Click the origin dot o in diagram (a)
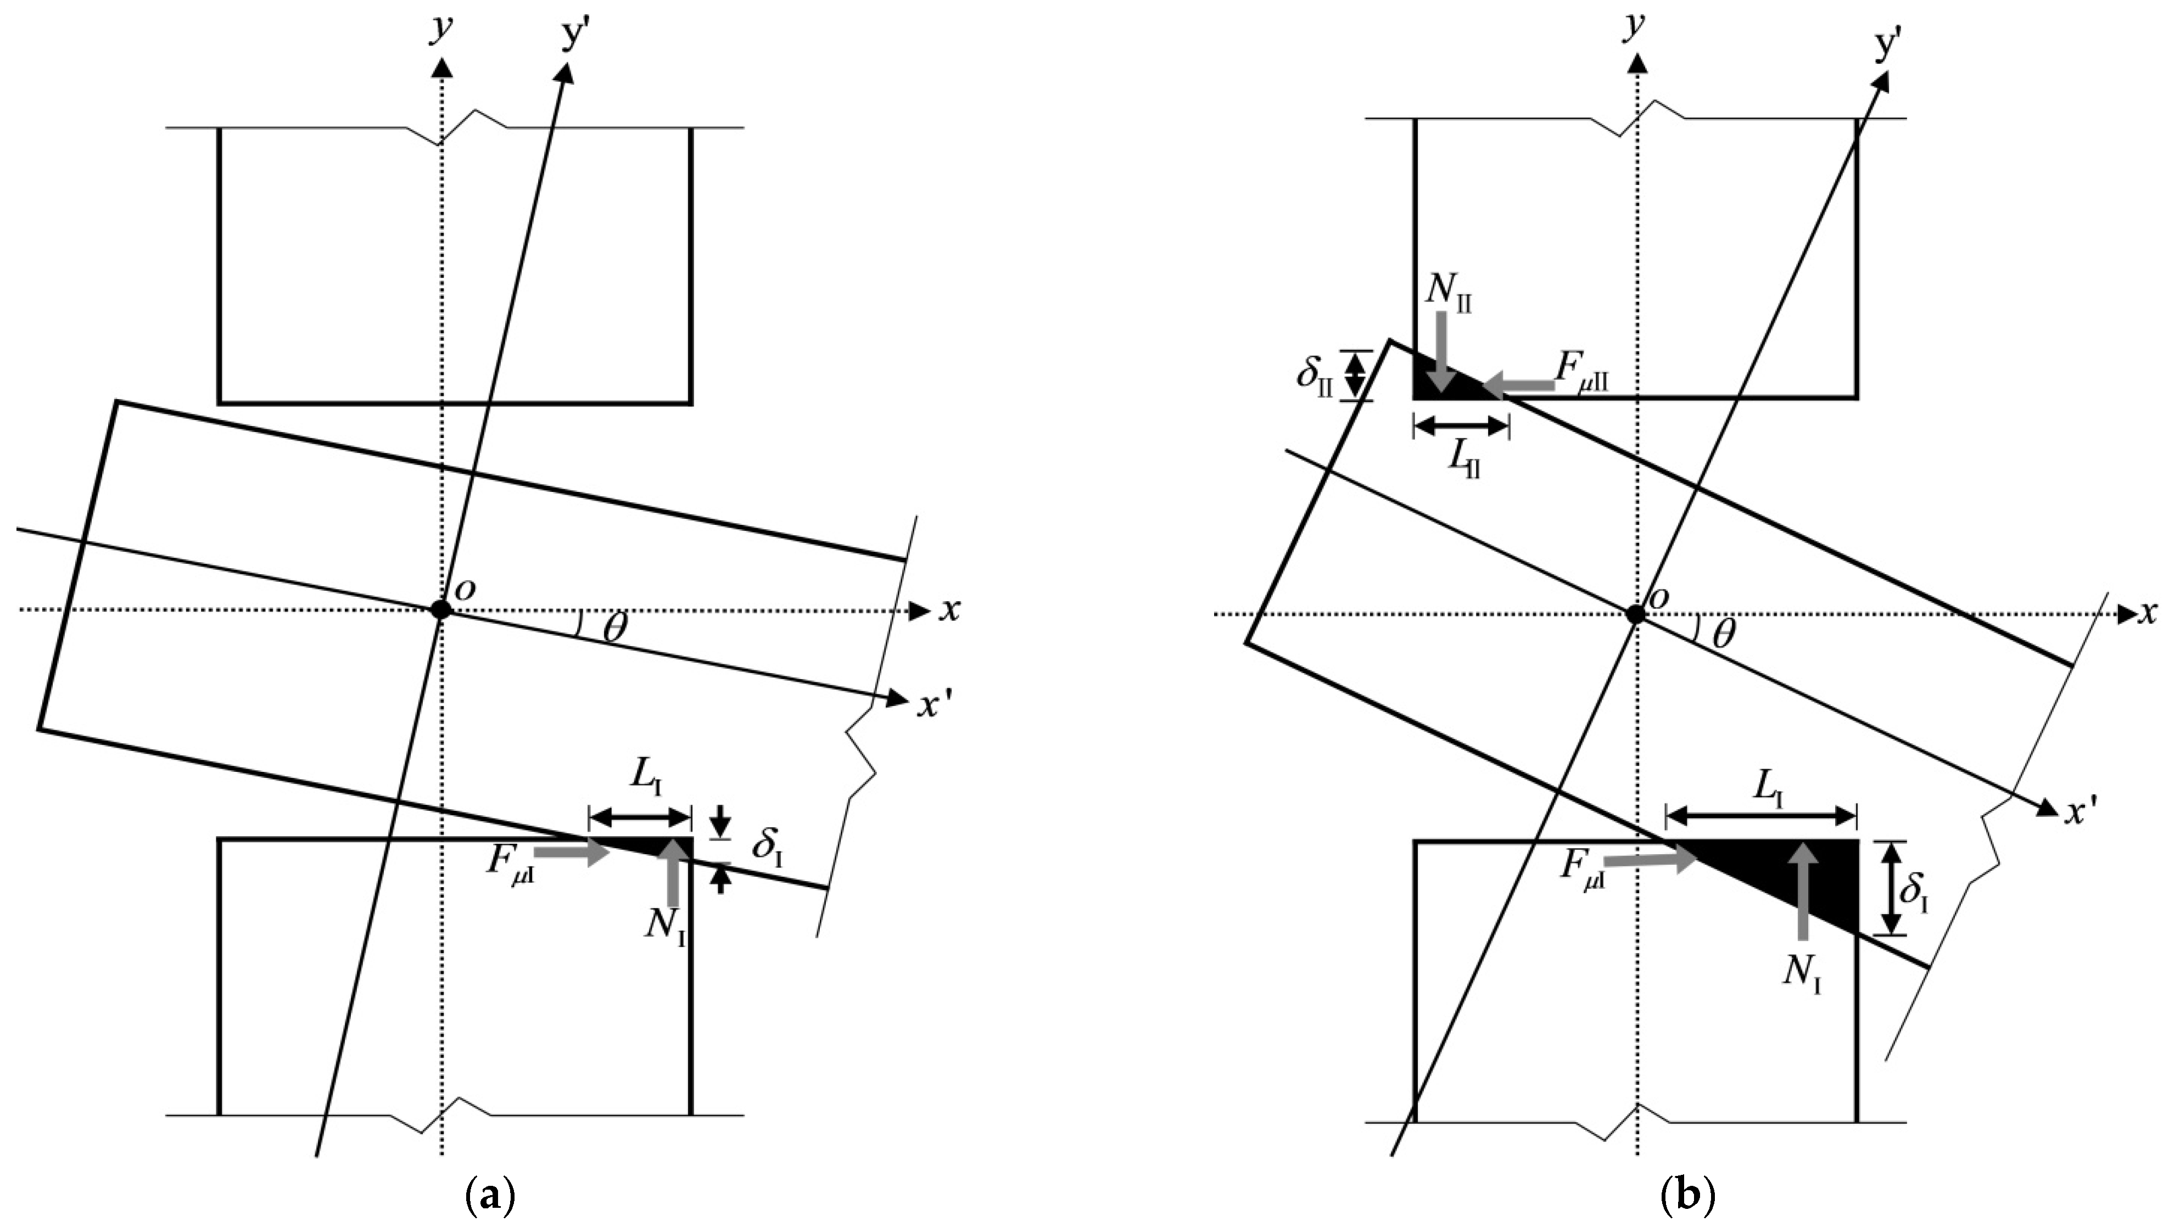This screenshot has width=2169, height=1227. tap(439, 608)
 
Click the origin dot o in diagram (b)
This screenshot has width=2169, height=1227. tap(1636, 614)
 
